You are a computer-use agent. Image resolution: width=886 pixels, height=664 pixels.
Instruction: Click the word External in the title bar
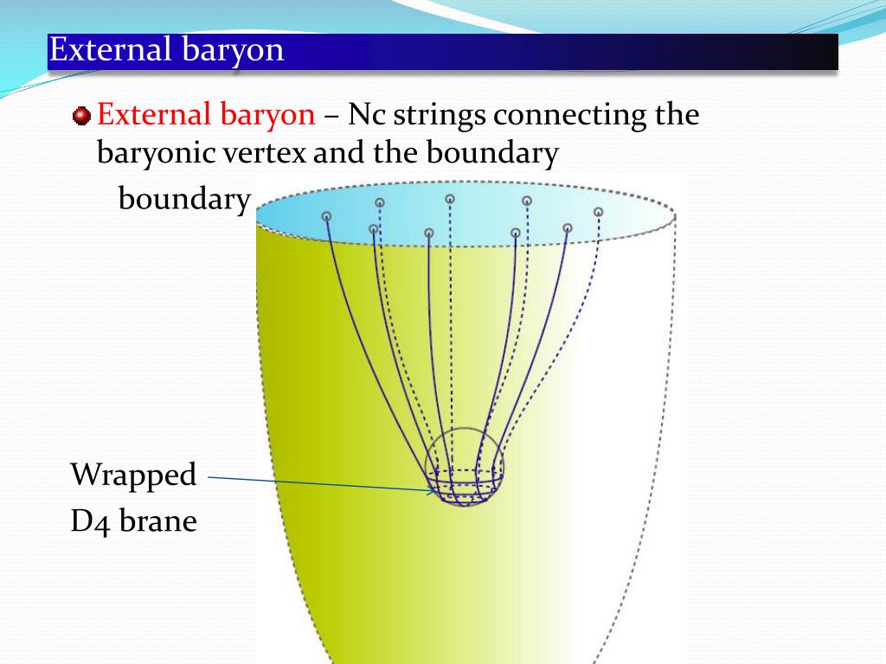110,49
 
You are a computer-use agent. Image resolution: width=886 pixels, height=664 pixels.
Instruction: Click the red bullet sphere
81,116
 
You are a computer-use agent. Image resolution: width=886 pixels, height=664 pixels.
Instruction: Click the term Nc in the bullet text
367,115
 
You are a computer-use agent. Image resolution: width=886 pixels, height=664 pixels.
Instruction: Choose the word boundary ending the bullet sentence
492,154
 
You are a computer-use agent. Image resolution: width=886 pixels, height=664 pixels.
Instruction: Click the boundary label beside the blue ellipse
184,200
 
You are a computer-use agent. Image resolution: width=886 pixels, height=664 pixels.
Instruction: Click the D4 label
90,521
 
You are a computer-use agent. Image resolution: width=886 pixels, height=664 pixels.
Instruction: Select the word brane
158,520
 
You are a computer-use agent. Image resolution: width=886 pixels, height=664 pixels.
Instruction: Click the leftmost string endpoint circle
326,216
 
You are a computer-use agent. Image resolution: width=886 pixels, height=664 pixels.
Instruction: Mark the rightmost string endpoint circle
599,212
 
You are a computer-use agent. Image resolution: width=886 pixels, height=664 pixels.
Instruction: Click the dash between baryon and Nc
331,117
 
